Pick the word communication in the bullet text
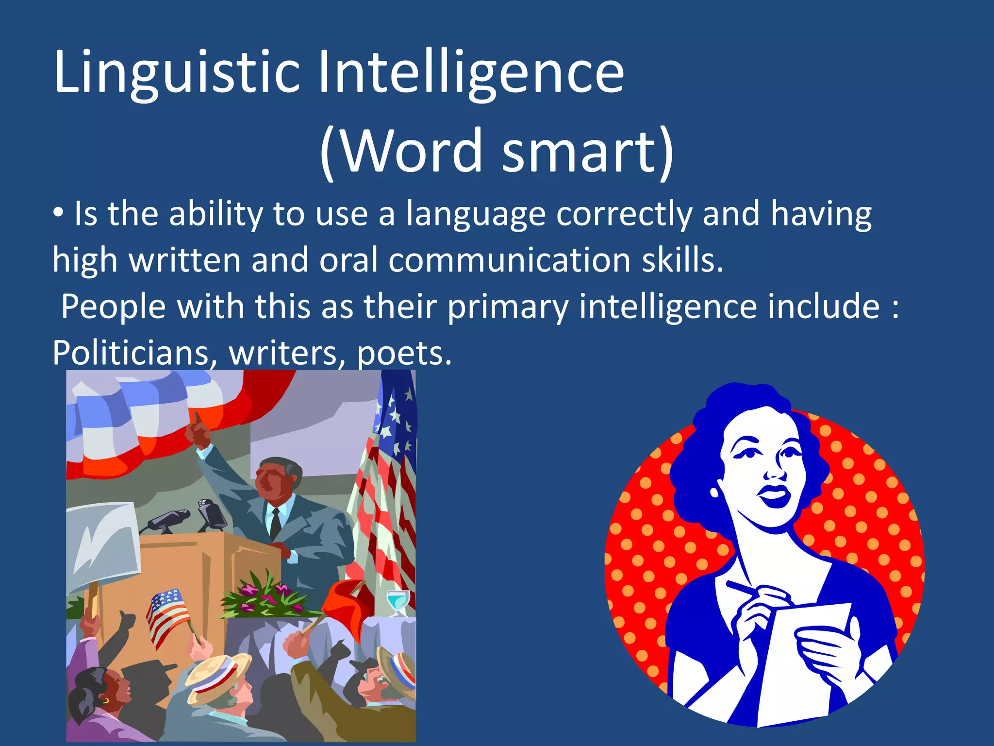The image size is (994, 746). pos(510,260)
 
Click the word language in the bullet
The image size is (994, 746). pos(476,215)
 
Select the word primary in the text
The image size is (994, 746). pos(508,307)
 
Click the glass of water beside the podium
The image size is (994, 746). pos(398,602)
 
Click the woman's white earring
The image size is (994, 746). pos(714,492)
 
